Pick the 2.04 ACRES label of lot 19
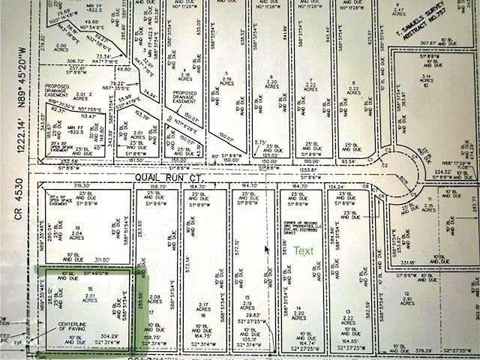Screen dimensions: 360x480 click(76, 234)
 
